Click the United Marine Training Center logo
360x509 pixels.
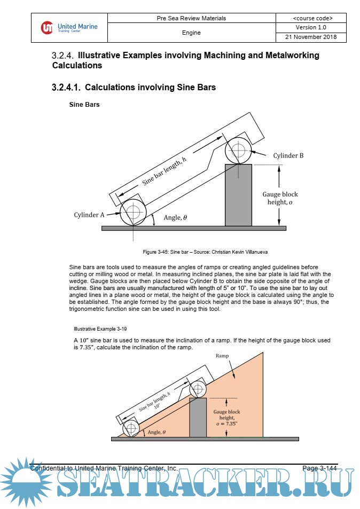(69, 27)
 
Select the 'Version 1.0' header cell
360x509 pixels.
(311, 27)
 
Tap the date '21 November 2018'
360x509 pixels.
(311, 37)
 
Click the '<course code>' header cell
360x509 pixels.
(311, 18)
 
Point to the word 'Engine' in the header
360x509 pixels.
(191, 33)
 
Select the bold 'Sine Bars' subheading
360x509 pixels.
(84, 105)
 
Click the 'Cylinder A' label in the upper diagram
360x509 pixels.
(89, 215)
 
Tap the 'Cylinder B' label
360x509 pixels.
(288, 155)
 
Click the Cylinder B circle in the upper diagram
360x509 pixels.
(239, 150)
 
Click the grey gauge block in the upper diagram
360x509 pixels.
(238, 195)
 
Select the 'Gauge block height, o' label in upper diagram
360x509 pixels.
(280, 199)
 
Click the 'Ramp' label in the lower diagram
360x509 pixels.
(222, 355)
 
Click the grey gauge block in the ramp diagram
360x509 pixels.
(198, 418)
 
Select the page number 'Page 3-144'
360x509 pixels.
(319, 468)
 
